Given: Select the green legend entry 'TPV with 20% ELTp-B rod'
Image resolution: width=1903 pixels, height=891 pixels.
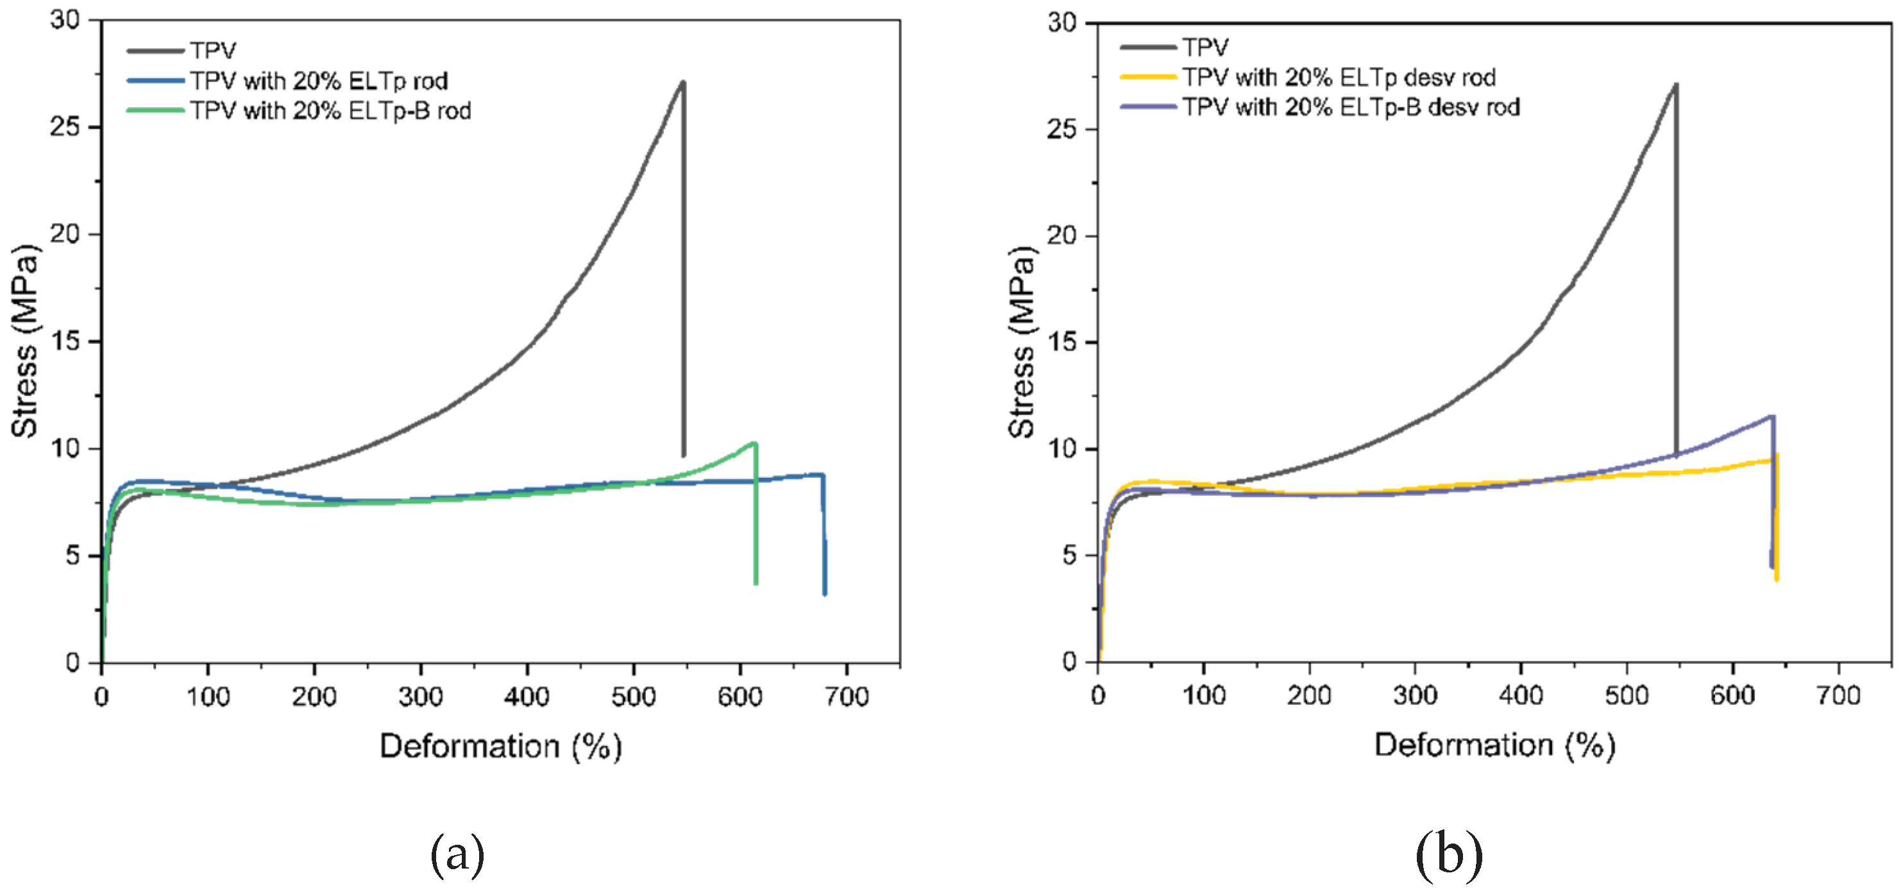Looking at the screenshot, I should [x=330, y=111].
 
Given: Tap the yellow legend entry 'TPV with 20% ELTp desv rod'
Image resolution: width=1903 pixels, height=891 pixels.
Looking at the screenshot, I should [x=1339, y=78].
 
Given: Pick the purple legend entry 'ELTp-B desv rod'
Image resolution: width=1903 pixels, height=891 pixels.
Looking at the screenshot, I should [x=1350, y=108].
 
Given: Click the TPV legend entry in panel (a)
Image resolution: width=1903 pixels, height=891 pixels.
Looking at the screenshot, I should [x=213, y=50].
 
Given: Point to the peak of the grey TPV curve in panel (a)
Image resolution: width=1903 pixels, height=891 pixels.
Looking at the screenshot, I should [x=683, y=83].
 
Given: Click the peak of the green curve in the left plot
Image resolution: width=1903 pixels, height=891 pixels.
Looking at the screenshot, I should [x=754, y=443].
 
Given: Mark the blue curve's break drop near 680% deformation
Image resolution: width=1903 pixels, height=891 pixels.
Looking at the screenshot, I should [x=824, y=532].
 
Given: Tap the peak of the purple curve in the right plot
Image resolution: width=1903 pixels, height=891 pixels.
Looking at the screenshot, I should [x=1772, y=418].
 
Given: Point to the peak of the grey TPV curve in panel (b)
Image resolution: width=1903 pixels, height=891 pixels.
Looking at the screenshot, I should [x=1675, y=85].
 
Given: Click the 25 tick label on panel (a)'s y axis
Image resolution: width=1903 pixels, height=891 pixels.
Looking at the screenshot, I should [x=65, y=127].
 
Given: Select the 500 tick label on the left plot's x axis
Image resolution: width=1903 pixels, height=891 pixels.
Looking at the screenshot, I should [x=633, y=696].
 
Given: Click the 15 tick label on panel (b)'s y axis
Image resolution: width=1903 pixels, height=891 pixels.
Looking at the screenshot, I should [x=1061, y=343].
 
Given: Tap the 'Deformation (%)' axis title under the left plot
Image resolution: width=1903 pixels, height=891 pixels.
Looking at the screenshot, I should [x=500, y=746].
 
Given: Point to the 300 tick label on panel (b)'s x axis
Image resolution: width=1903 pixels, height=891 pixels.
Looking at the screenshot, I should [x=1415, y=695].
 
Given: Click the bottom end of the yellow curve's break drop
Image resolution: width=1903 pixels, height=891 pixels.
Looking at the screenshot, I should [x=1776, y=579].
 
